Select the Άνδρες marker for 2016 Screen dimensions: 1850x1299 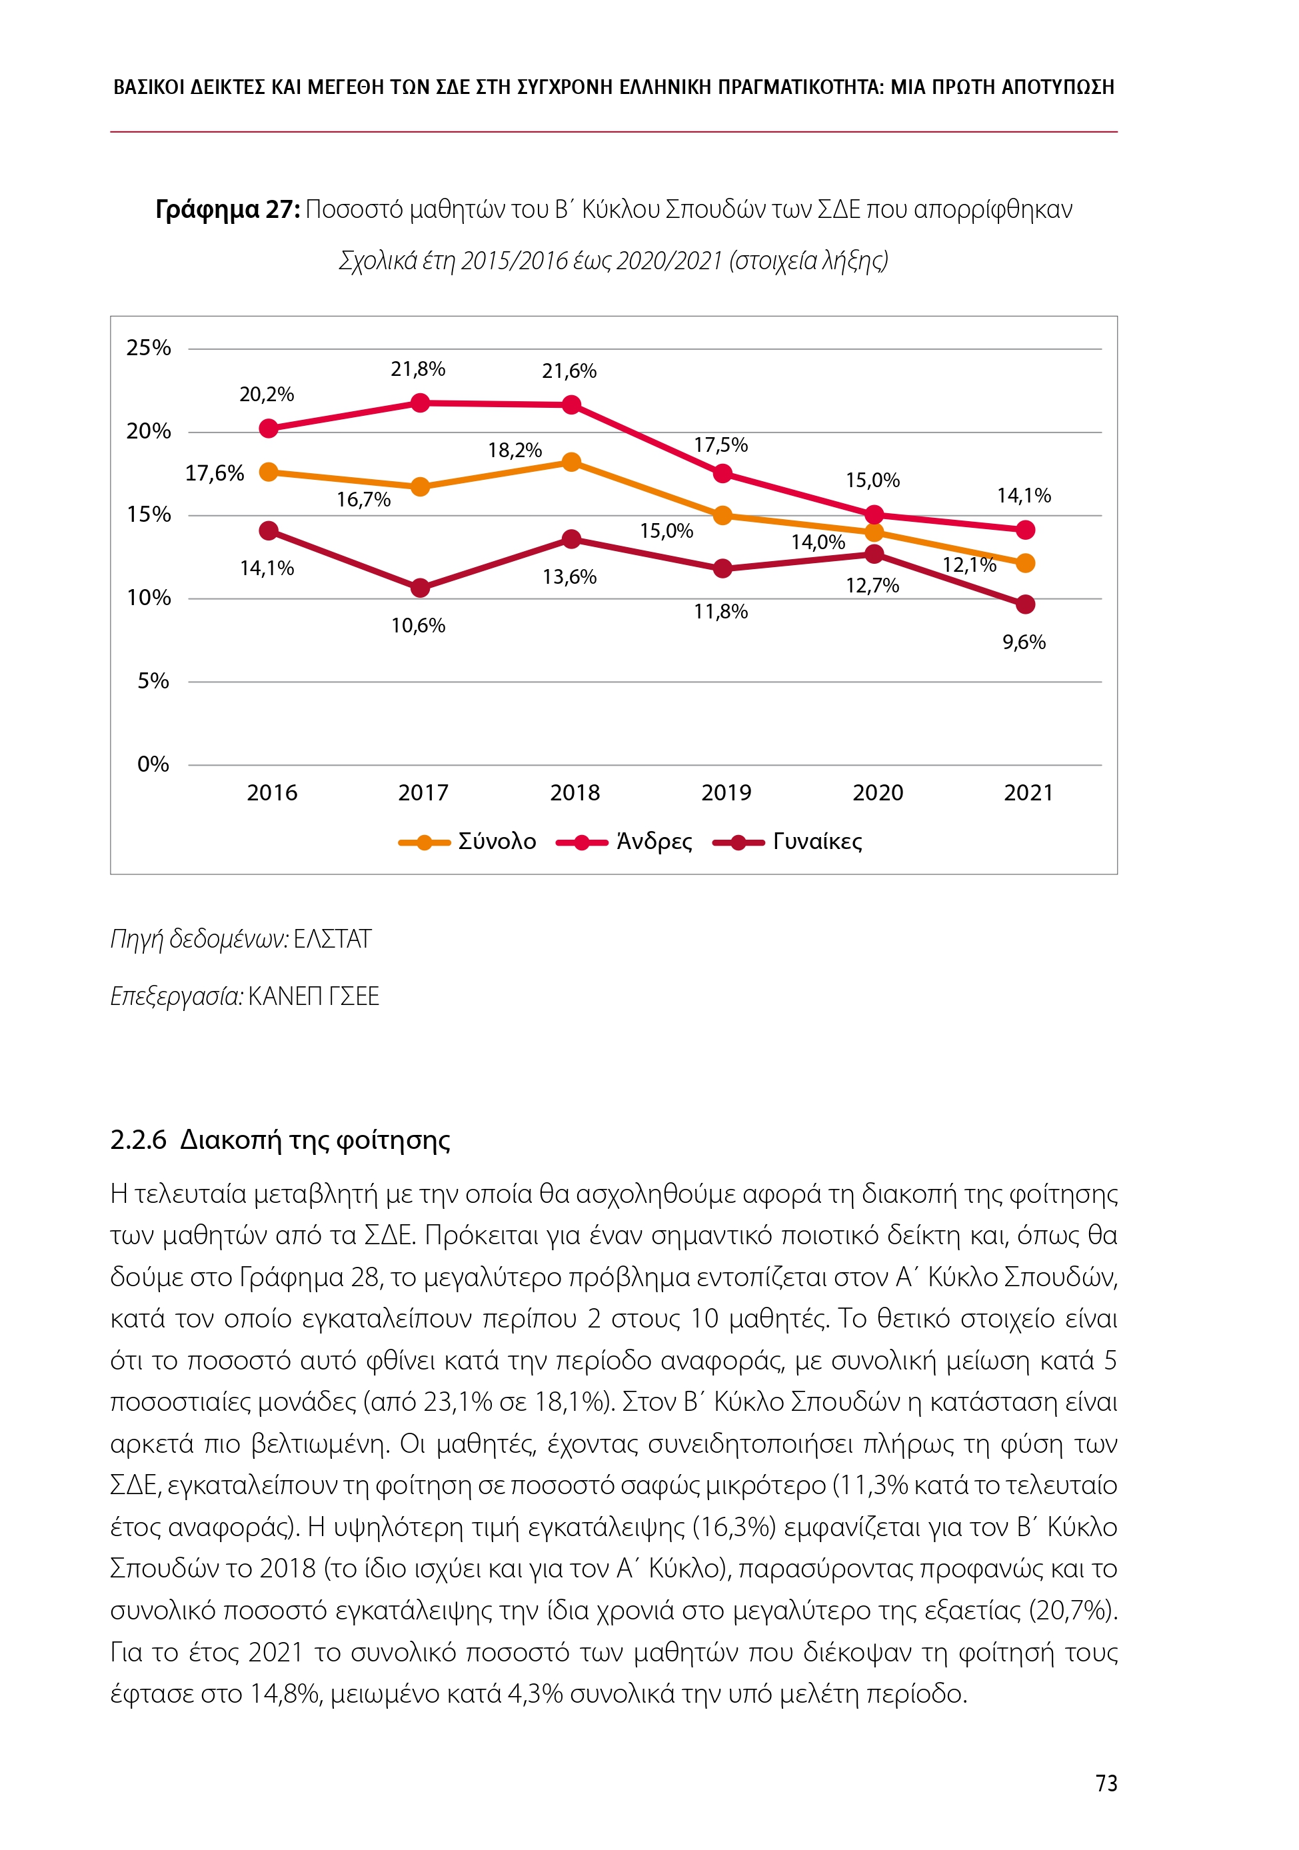(269, 428)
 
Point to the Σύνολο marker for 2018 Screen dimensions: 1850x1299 (571, 462)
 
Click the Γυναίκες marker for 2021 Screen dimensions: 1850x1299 (1025, 604)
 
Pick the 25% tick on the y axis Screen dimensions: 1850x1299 (149, 348)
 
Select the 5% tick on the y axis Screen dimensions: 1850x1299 (153, 681)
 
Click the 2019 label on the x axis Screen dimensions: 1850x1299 (725, 793)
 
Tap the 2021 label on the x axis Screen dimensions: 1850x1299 (1028, 793)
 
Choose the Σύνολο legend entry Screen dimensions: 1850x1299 (467, 842)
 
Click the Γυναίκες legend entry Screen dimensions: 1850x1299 (787, 842)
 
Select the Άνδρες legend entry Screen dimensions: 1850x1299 (625, 842)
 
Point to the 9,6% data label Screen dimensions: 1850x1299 (1024, 642)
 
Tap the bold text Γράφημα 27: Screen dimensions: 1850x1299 (227, 209)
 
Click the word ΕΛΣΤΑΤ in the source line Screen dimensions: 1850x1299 (332, 940)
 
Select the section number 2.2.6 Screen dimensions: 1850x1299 (138, 1140)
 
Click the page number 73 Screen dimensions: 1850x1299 (1106, 1783)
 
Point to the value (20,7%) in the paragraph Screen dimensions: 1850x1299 (1072, 1611)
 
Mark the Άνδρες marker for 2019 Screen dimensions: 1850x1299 (723, 474)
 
